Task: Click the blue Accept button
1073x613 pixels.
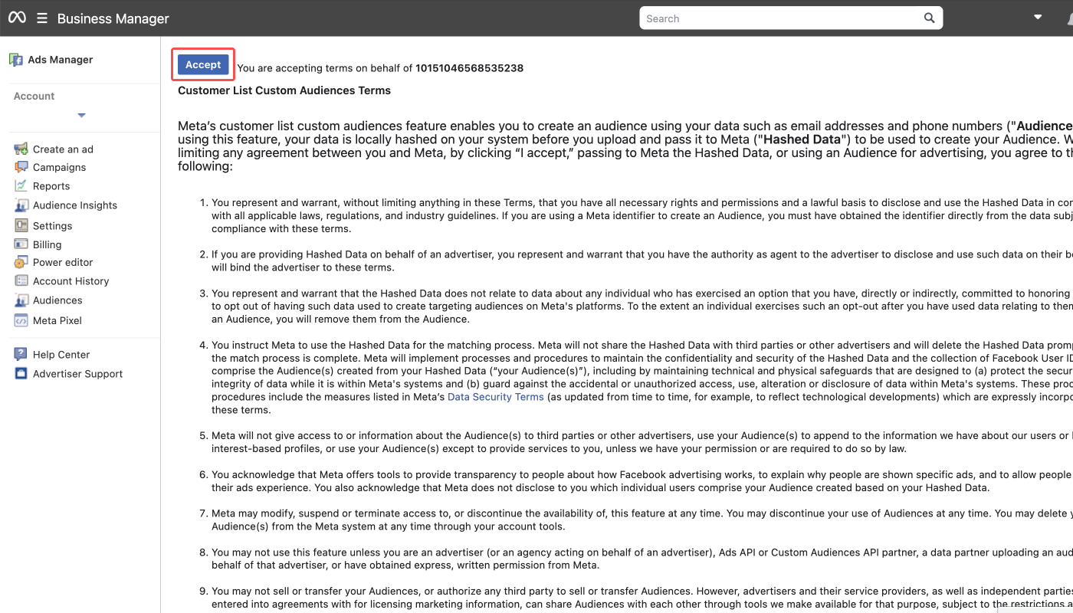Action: [x=203, y=65]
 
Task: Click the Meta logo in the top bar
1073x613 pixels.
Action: [x=17, y=18]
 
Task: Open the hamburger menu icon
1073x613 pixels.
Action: [x=42, y=18]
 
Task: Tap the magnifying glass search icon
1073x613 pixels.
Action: [x=929, y=18]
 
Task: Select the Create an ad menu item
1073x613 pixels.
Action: [x=63, y=149]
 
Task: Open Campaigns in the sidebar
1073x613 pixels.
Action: [x=59, y=168]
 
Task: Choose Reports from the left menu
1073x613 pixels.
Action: [x=51, y=186]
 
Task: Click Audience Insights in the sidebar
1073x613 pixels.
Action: [x=75, y=205]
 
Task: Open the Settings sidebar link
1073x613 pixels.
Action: [x=52, y=226]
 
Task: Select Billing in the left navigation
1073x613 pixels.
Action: [x=47, y=245]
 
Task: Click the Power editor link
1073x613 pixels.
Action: [x=63, y=262]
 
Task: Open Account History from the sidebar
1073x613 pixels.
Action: [x=71, y=281]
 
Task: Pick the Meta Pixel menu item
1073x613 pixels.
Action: [x=57, y=321]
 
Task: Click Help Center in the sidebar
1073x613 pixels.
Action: [x=61, y=355]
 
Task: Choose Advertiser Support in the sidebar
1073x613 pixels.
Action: [x=77, y=374]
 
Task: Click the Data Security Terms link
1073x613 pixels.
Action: [x=495, y=397]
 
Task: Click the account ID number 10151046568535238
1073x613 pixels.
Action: [x=469, y=68]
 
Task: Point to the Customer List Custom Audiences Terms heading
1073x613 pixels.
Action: [x=284, y=90]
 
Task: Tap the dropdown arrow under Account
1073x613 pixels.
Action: [x=81, y=116]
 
